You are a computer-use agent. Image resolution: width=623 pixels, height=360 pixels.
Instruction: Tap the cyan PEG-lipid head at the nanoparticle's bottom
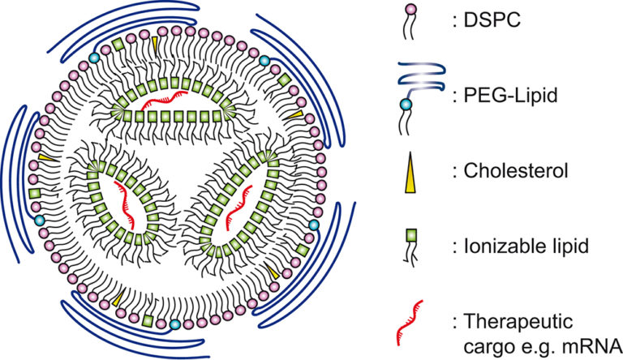click(175, 324)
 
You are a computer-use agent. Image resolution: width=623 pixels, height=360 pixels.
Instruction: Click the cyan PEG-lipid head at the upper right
click(264, 61)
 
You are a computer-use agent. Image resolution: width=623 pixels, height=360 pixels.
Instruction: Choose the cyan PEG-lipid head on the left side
click(40, 220)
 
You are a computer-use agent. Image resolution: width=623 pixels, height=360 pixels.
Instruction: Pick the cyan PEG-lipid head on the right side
click(314, 225)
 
